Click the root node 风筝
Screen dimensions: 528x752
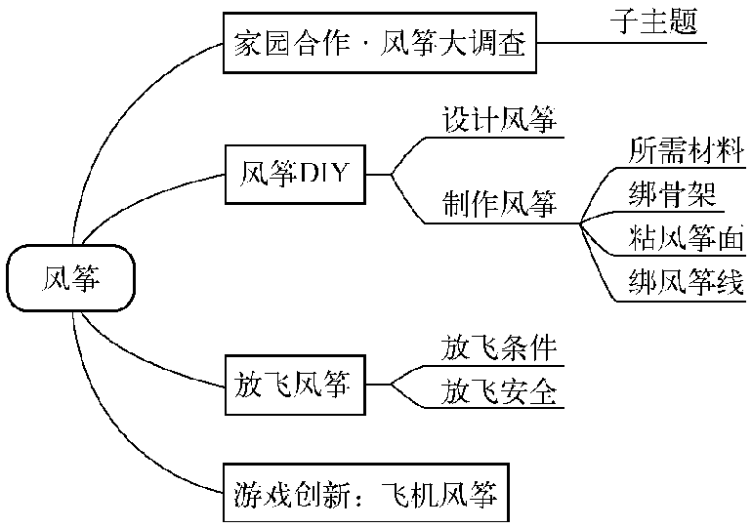tap(70, 278)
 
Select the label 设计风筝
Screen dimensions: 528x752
tap(500, 121)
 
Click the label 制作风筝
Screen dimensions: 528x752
tap(500, 204)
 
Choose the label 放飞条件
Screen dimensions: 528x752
tap(500, 348)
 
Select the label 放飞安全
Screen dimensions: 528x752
tap(500, 392)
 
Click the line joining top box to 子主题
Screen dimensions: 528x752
tap(625, 43)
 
